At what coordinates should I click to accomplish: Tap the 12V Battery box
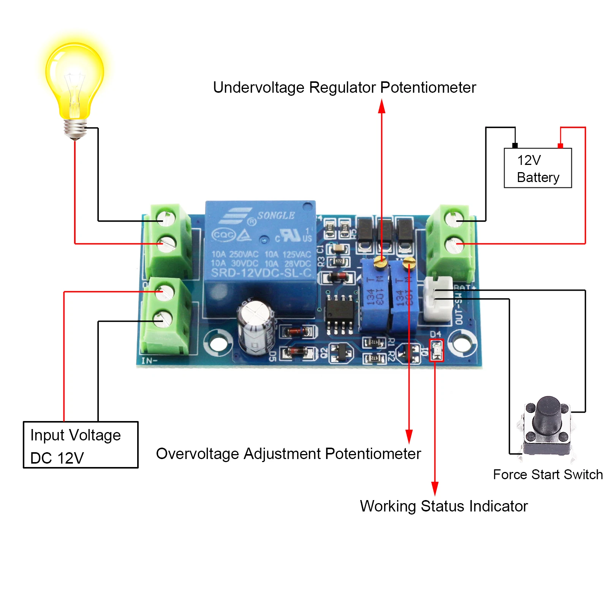(537, 168)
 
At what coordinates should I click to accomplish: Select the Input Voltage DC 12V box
(81, 445)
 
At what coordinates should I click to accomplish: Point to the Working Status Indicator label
(443, 506)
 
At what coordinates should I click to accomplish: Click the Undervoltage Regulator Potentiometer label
(344, 87)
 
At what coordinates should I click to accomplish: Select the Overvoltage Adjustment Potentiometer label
(288, 454)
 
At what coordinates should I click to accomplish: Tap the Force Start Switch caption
(548, 474)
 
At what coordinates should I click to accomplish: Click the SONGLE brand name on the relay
(276, 215)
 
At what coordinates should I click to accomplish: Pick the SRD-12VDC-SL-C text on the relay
(261, 273)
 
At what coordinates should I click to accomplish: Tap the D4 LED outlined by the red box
(436, 350)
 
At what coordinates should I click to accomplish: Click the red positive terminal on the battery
(560, 146)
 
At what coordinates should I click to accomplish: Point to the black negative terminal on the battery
(515, 146)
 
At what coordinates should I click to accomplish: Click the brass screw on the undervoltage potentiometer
(380, 261)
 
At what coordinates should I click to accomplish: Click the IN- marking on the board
(149, 361)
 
